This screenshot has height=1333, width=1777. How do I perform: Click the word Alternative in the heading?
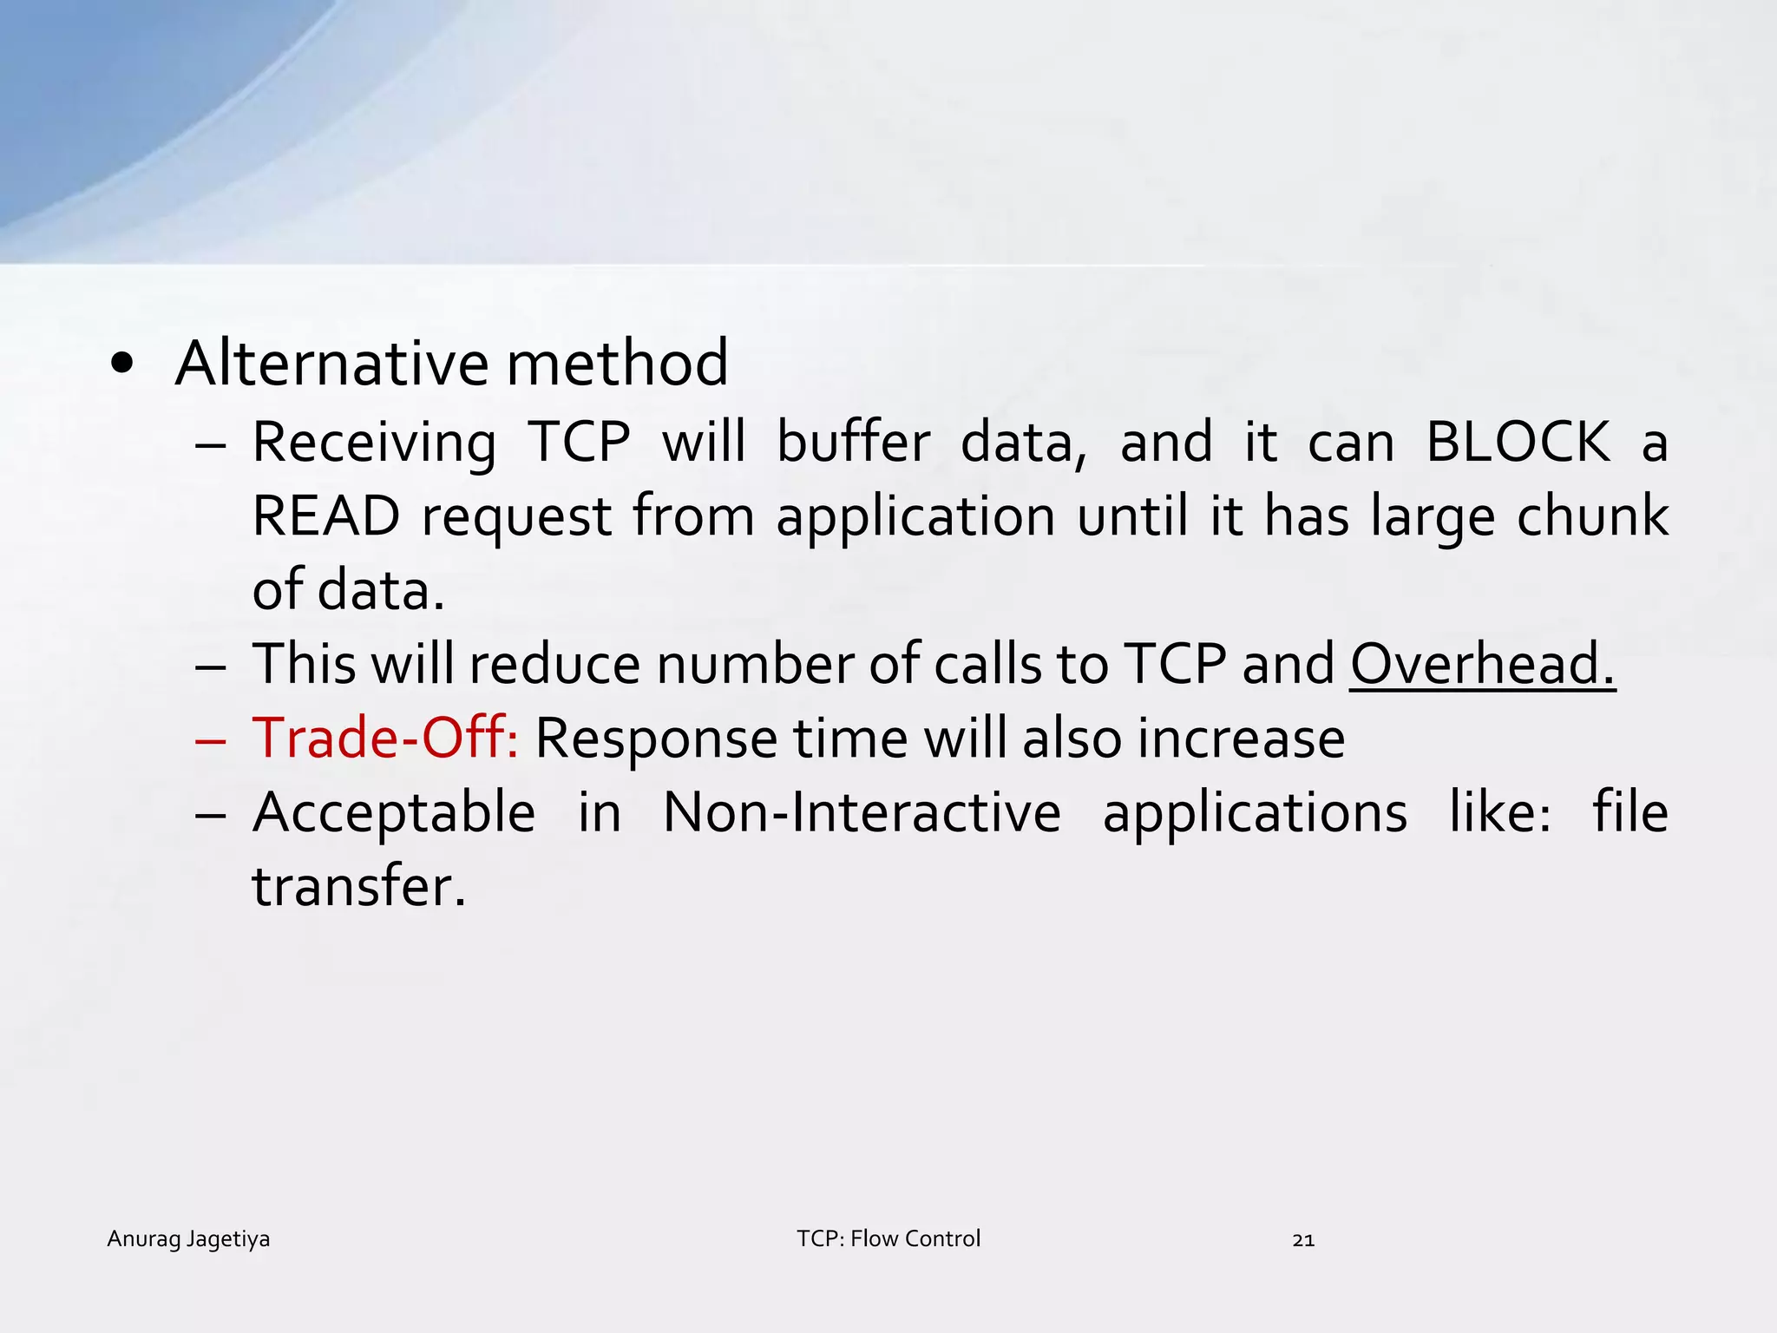331,363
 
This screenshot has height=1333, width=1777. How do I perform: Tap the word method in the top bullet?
617,363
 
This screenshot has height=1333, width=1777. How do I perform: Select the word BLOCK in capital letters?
1518,443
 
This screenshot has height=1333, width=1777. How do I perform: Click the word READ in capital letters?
326,516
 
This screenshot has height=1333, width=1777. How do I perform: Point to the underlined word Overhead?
1482,665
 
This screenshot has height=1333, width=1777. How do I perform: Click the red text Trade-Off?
385,739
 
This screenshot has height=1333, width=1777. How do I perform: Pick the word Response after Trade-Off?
655,740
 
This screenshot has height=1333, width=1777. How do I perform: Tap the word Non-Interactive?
862,813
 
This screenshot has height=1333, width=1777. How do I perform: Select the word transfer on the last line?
358,887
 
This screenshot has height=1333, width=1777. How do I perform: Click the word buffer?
853,443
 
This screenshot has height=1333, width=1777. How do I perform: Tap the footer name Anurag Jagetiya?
188,1239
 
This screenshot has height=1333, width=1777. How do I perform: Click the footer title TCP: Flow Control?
888,1238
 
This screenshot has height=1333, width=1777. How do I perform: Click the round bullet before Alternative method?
122,365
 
